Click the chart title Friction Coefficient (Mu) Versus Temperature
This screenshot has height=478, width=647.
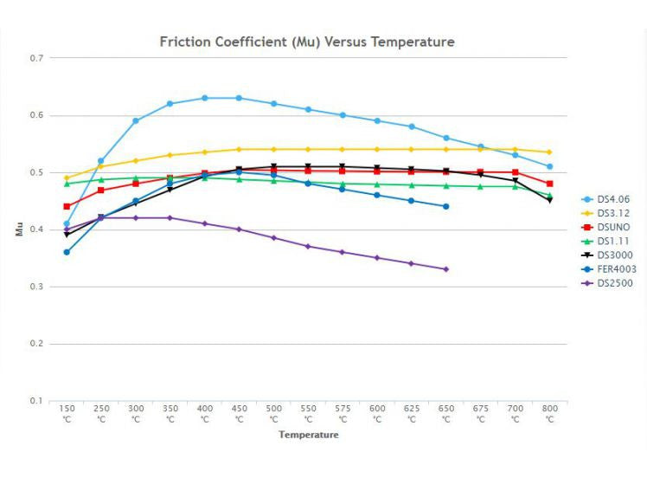pyautogui.click(x=307, y=42)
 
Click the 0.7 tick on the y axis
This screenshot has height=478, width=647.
pyautogui.click(x=35, y=58)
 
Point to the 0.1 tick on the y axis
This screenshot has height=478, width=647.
pyautogui.click(x=35, y=401)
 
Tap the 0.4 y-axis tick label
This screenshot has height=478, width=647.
pyautogui.click(x=35, y=229)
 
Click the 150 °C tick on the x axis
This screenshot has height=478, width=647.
pyautogui.click(x=66, y=413)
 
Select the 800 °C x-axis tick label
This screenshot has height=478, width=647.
pyautogui.click(x=549, y=413)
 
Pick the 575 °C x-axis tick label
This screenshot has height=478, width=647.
pyautogui.click(x=343, y=413)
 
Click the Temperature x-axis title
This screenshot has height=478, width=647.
pyautogui.click(x=308, y=435)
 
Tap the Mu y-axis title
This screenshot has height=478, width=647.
pyautogui.click(x=19, y=229)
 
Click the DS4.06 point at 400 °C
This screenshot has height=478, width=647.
pyautogui.click(x=204, y=98)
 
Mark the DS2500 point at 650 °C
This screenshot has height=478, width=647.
pyautogui.click(x=446, y=269)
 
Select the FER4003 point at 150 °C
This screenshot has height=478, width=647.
pyautogui.click(x=67, y=252)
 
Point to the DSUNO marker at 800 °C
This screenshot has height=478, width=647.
pyautogui.click(x=549, y=184)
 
